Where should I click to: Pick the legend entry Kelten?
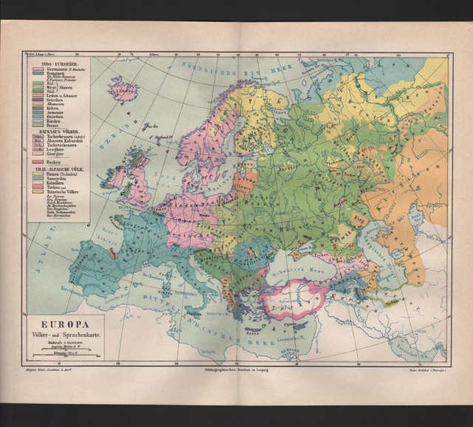tap(52, 109)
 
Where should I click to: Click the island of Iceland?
tap(123, 89)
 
